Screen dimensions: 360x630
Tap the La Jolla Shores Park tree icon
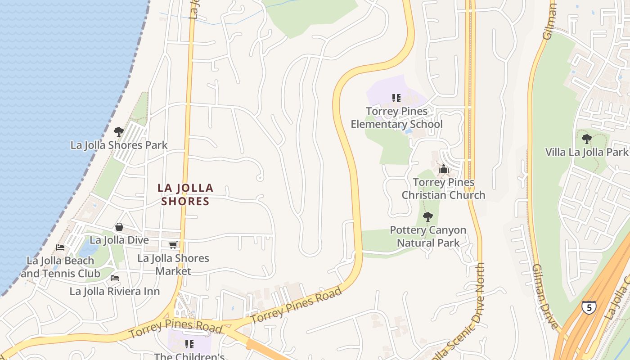(119, 132)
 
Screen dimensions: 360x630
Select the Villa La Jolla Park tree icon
(586, 139)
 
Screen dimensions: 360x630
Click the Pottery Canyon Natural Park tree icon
(428, 217)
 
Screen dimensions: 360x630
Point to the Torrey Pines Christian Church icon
(444, 169)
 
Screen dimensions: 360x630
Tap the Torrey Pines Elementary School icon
(396, 98)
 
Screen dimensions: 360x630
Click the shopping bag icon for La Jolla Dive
(119, 227)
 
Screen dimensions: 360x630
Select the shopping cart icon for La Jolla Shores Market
(173, 245)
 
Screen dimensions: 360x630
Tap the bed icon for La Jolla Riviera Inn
(115, 279)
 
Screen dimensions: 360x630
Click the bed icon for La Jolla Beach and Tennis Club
(60, 247)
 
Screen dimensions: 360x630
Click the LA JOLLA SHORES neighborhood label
(185, 194)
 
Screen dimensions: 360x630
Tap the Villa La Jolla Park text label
(586, 152)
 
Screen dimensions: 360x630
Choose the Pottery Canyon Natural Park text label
(428, 236)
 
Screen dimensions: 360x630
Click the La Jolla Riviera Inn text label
(115, 292)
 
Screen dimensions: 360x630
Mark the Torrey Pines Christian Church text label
(443, 189)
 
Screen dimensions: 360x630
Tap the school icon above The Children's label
(189, 344)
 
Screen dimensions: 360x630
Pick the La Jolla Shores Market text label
(173, 265)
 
